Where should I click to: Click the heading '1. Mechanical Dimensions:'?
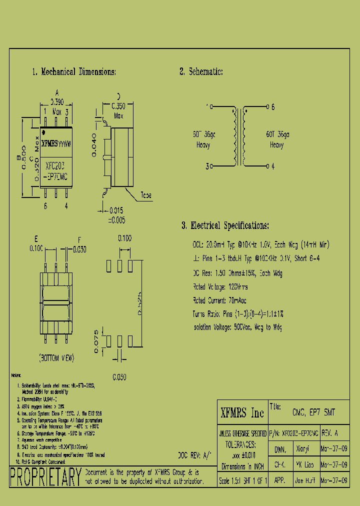tap(74, 72)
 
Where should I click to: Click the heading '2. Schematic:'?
tap(201, 72)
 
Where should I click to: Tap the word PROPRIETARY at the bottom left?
tap(46, 476)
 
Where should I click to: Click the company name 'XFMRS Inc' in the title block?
tap(242, 413)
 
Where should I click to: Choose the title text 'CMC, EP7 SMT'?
tap(313, 413)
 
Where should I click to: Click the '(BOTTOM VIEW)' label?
tap(56, 358)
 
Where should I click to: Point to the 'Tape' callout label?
tap(146, 195)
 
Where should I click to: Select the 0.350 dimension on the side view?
tap(118, 106)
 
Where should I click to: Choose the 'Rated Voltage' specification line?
tap(220, 287)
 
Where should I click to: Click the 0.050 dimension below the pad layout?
tap(119, 376)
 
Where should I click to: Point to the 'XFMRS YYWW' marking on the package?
tap(56, 143)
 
